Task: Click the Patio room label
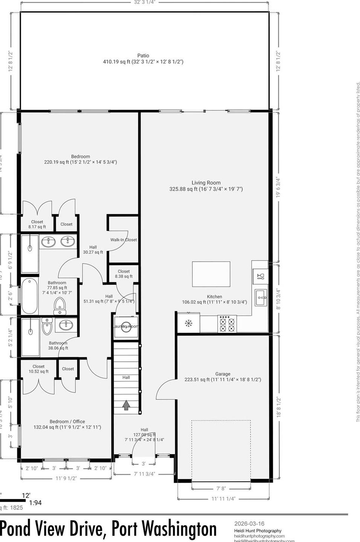(x=143, y=56)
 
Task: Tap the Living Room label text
(x=206, y=183)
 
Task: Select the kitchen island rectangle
(x=211, y=274)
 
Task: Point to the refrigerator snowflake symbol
(x=188, y=323)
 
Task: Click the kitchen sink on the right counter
(x=261, y=298)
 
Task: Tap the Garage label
(x=223, y=374)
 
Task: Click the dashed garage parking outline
(x=221, y=450)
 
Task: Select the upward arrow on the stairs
(x=126, y=405)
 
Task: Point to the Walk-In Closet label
(x=123, y=240)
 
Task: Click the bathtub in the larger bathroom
(x=29, y=296)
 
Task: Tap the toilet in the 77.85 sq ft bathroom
(x=60, y=306)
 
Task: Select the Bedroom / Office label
(x=67, y=422)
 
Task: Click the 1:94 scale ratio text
(x=35, y=502)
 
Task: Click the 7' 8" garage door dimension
(x=221, y=488)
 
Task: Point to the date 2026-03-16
(x=249, y=524)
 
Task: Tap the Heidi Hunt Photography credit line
(x=258, y=530)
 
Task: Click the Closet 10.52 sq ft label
(x=38, y=369)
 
